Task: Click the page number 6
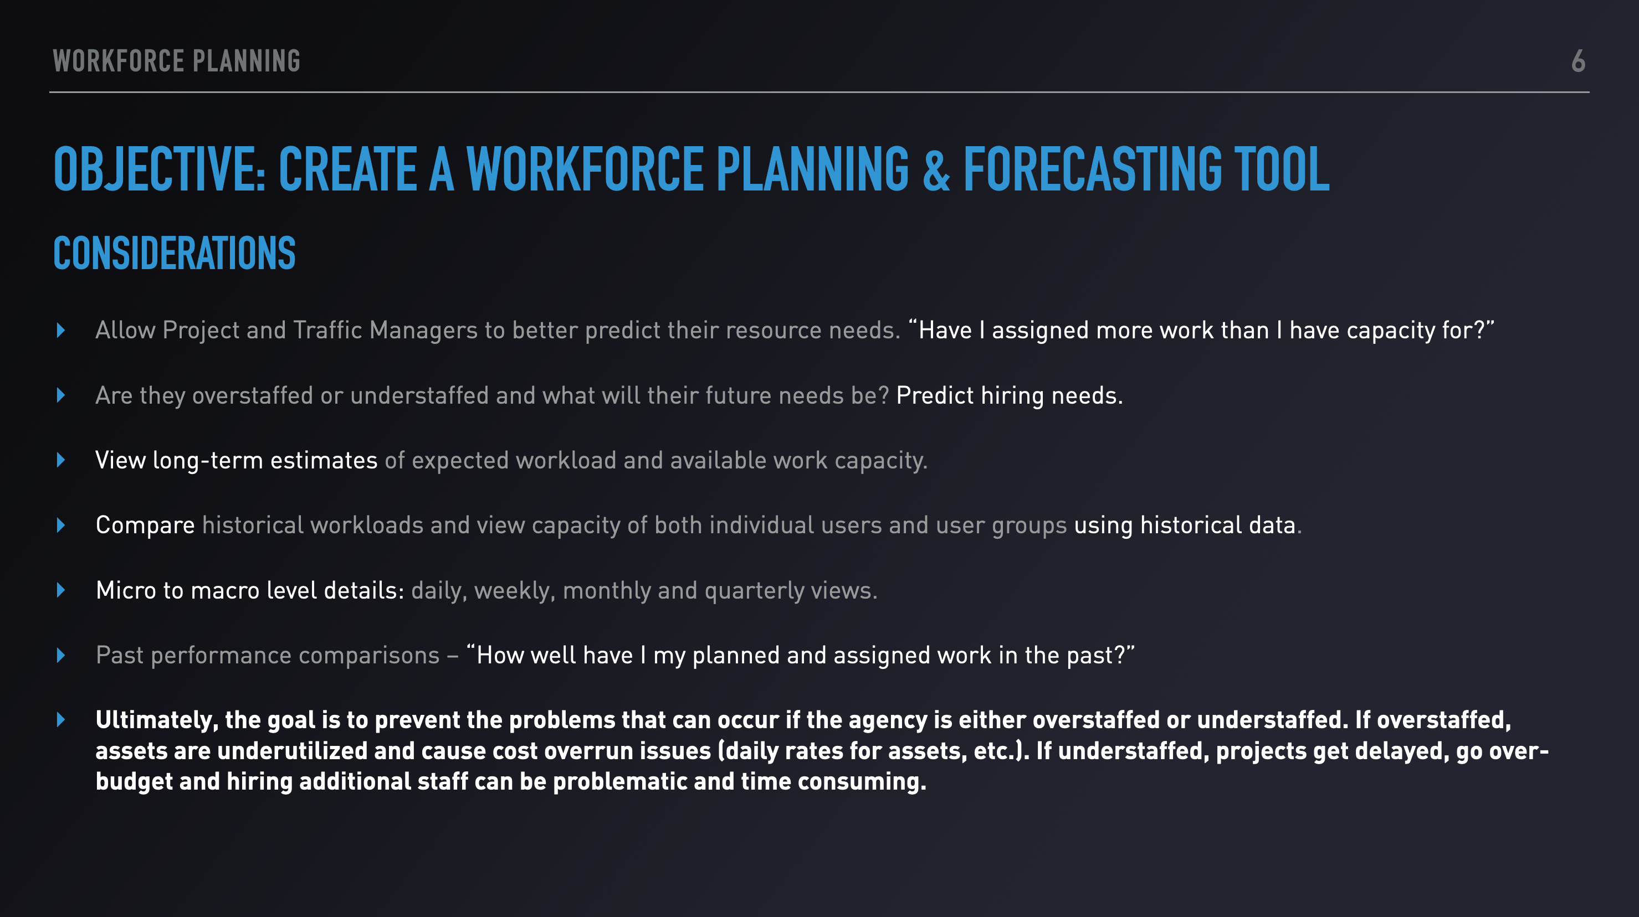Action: click(1578, 61)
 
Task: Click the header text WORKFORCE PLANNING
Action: click(176, 61)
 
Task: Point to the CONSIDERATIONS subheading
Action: click(175, 253)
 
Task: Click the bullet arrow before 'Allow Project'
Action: click(61, 330)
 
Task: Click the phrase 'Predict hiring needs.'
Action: click(1010, 395)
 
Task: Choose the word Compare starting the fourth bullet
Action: click(145, 526)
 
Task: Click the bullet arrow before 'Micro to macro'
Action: click(61, 590)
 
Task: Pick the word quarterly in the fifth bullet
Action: click(755, 591)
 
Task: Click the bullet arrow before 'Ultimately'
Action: click(61, 720)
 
